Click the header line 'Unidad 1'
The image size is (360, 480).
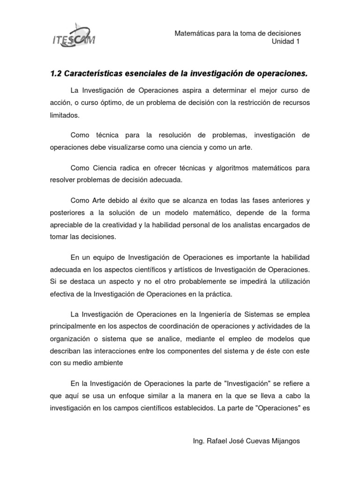point(286,42)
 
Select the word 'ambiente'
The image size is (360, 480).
point(108,363)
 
